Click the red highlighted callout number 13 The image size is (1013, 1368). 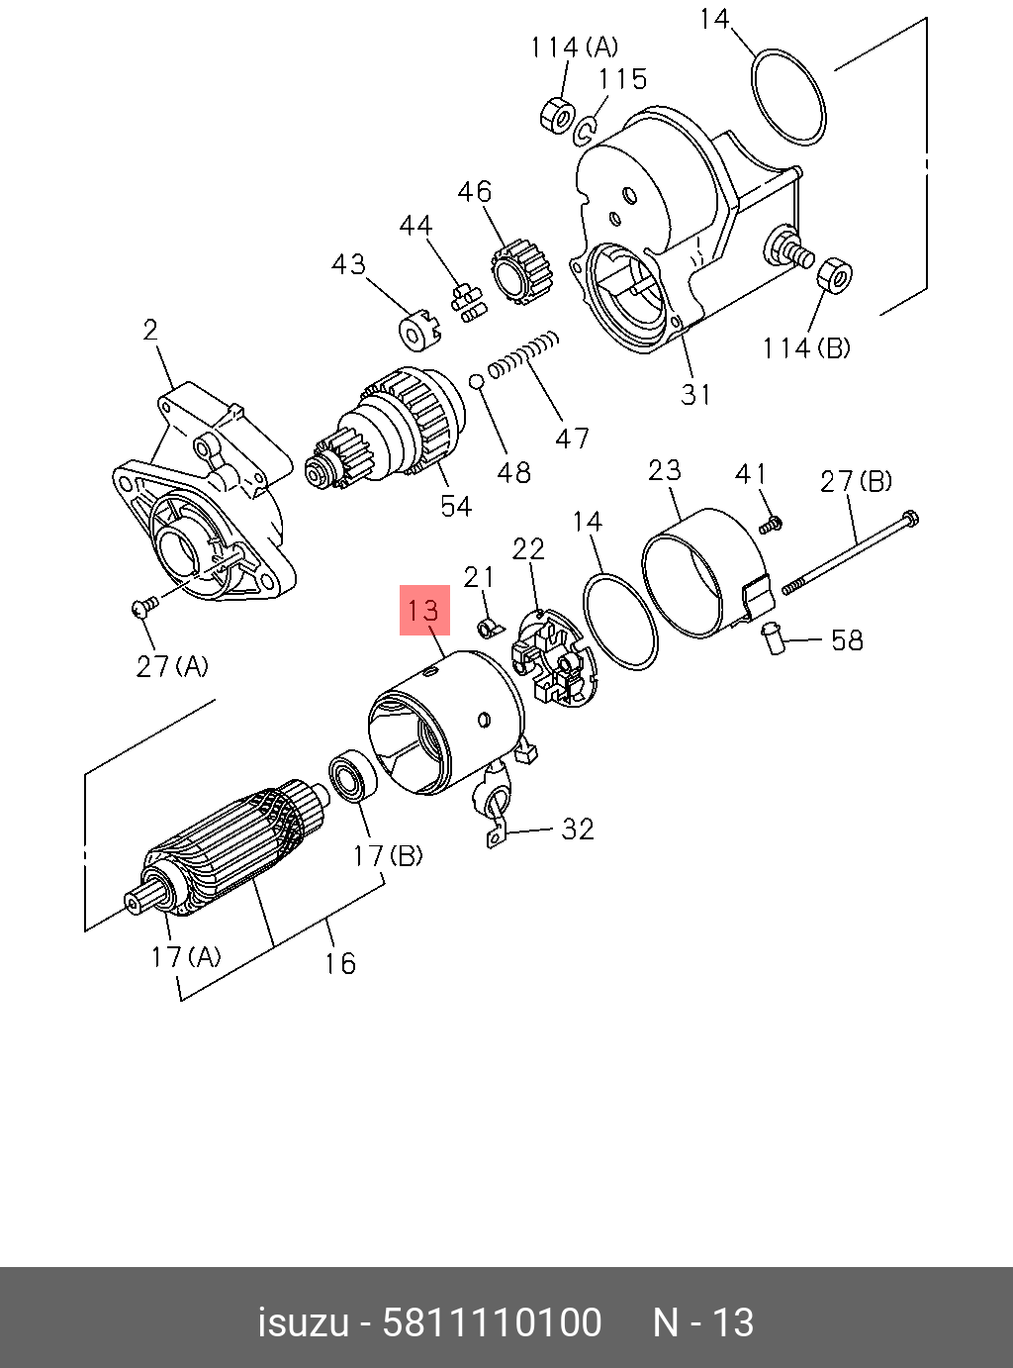click(424, 610)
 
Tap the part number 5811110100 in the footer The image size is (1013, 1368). click(492, 1322)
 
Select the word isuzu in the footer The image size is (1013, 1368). click(303, 1322)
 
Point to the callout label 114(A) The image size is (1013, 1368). click(574, 47)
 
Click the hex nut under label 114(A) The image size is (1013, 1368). click(557, 115)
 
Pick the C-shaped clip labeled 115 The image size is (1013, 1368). click(587, 130)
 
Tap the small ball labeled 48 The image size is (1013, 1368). click(476, 381)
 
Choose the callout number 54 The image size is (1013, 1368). click(456, 506)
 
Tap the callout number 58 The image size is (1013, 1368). click(847, 640)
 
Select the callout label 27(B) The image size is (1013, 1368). click(856, 481)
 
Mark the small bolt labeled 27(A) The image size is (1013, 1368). click(144, 607)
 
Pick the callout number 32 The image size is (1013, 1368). click(578, 829)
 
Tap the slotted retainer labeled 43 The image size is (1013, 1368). click(418, 332)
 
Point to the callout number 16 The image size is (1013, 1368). click(339, 962)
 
